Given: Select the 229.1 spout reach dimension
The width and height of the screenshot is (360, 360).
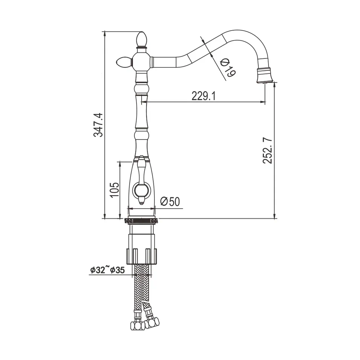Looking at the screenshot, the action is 204,96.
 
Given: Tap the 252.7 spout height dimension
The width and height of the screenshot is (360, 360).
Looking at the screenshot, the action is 267,150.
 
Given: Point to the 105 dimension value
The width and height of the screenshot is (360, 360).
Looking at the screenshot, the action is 114,190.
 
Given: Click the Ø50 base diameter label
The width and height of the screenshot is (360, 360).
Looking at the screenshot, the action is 170,201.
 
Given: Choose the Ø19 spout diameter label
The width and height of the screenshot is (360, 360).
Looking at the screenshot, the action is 227,68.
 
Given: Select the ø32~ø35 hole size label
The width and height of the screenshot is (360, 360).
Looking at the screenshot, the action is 107,270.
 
